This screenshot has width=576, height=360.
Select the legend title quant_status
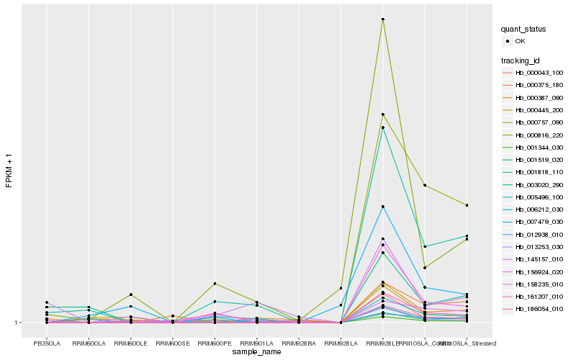click(x=523, y=29)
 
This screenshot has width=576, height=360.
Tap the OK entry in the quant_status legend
click(x=520, y=41)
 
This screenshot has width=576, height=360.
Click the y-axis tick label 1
click(x=18, y=323)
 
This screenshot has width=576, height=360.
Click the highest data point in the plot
click(x=383, y=19)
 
